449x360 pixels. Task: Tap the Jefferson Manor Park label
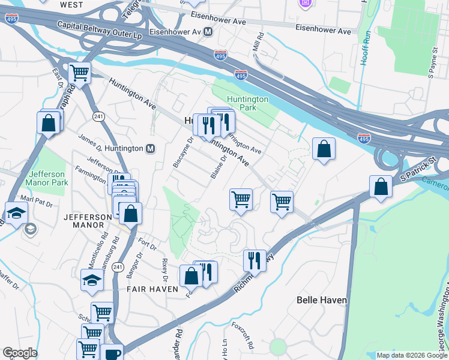pyautogui.click(x=46, y=178)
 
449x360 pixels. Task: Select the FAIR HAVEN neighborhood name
pyautogui.click(x=152, y=289)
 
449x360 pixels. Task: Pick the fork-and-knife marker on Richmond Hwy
pyautogui.click(x=255, y=261)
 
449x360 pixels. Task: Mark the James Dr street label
pyautogui.click(x=91, y=143)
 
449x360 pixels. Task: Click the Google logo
pyautogui.click(x=20, y=353)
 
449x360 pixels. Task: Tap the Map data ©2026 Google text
pyautogui.click(x=412, y=355)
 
